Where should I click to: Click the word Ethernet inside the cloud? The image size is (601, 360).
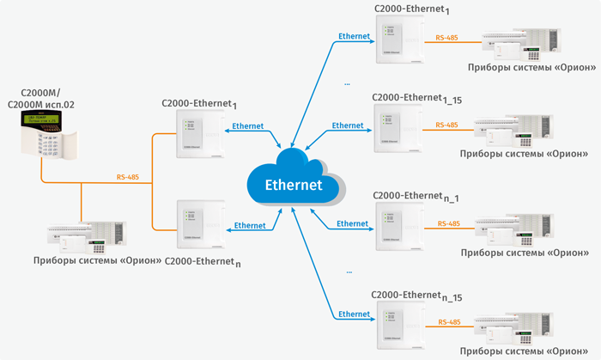pos(294,184)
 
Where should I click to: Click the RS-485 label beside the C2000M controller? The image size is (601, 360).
pos(127,178)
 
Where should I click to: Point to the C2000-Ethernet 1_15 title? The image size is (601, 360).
pos(417,101)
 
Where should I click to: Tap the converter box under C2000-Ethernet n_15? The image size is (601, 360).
pos(397,325)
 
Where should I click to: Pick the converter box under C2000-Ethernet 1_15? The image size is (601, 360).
pos(397,131)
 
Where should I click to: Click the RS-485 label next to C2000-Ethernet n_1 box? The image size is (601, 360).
pos(448,223)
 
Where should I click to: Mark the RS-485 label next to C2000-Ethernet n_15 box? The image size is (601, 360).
pos(448,321)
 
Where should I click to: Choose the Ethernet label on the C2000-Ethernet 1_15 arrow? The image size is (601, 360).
pos(348,125)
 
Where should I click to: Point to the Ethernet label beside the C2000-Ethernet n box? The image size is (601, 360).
pos(250,225)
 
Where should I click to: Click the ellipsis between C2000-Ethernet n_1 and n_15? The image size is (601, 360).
pos(348,271)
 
